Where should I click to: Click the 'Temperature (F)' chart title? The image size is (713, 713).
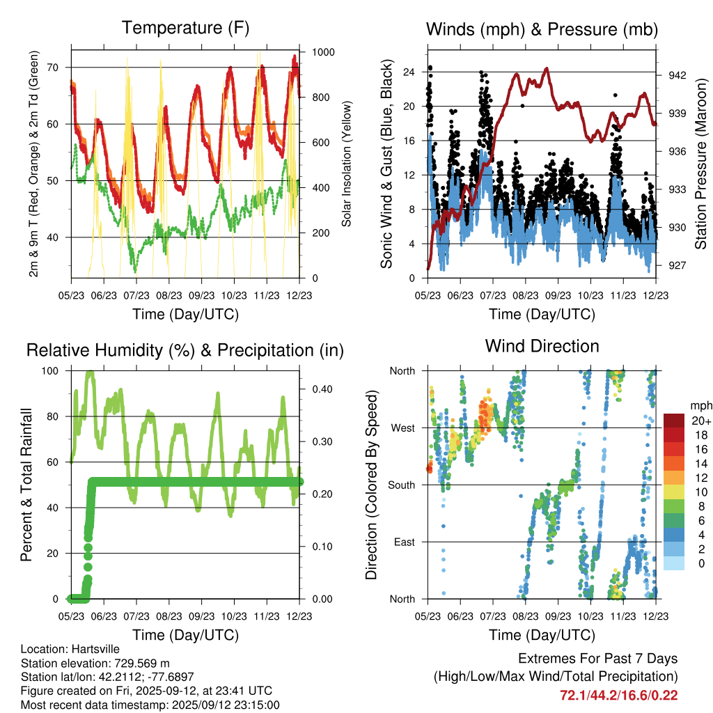185,29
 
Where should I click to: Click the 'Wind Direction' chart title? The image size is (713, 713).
542,346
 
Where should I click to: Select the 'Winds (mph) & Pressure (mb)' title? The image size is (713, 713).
542,29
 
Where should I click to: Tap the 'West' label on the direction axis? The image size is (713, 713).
402,428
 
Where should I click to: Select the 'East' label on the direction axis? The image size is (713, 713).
404,542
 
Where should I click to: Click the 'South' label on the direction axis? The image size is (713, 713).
401,485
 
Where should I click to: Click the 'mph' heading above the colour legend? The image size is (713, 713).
699,405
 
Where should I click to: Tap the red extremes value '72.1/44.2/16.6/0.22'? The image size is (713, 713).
618,695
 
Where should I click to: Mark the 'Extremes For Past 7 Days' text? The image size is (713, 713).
597,659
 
